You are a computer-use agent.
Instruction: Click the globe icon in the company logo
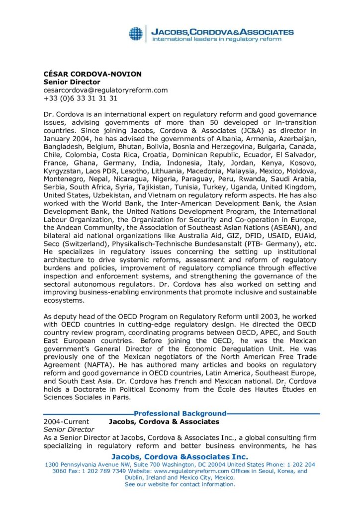[136, 34]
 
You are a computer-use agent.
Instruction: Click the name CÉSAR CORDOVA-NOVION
[92, 74]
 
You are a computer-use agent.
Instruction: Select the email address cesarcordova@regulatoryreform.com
[105, 90]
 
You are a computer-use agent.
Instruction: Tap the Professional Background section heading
[180, 413]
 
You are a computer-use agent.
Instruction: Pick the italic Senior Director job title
[69, 429]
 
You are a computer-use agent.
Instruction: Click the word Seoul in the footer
[273, 471]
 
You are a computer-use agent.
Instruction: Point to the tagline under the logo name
[216, 39]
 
